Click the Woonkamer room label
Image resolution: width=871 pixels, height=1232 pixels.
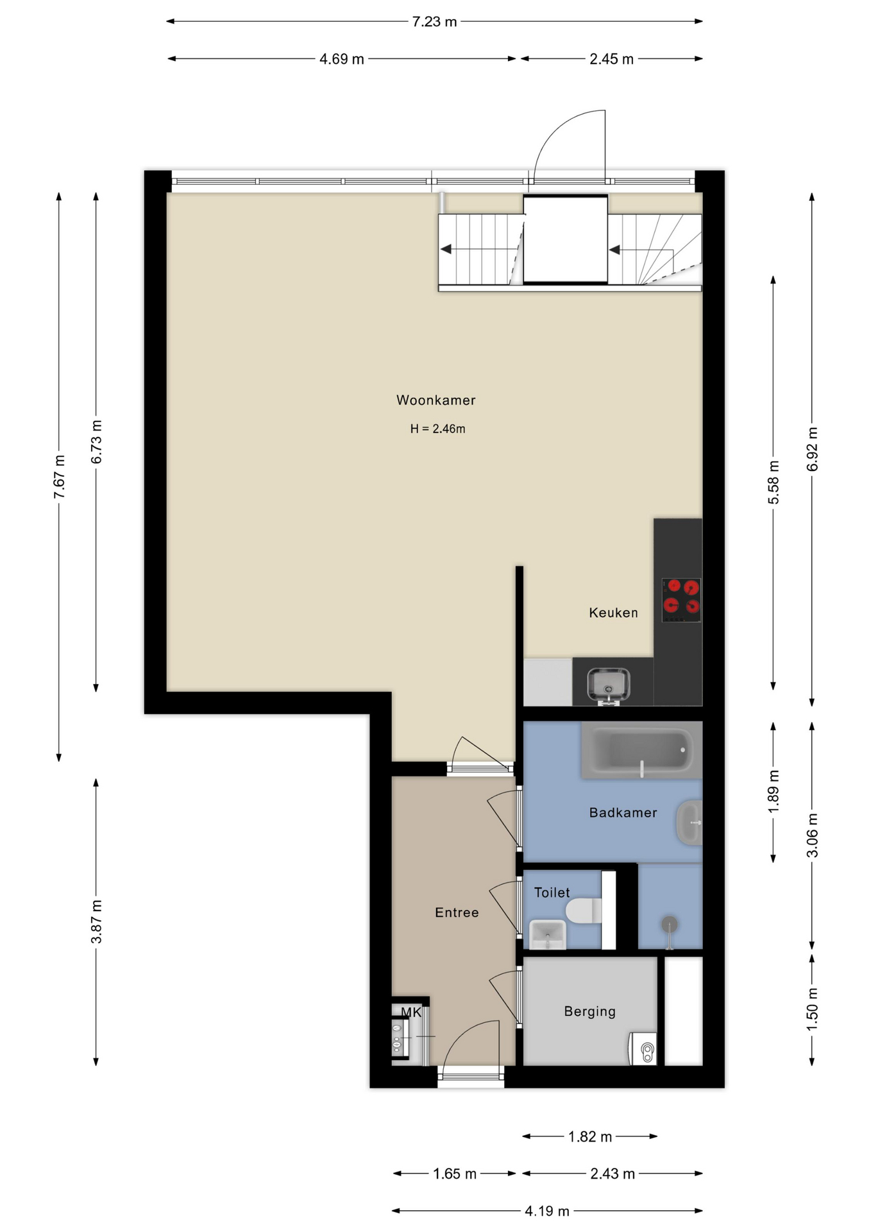click(436, 400)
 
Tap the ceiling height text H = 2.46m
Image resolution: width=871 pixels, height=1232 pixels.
click(437, 429)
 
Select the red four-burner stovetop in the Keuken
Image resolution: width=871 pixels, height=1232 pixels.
click(681, 600)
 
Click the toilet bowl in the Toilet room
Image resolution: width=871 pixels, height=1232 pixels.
click(583, 911)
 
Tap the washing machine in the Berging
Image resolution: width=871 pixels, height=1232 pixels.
click(643, 1048)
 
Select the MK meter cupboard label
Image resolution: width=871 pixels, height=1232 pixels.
click(411, 1013)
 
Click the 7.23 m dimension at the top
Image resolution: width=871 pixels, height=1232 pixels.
click(434, 22)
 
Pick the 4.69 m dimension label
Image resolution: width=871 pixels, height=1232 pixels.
click(342, 59)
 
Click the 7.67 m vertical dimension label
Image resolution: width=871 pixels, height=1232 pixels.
click(59, 477)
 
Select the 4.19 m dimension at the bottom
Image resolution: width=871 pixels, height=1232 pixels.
click(547, 1211)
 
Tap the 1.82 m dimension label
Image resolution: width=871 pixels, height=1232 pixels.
click(590, 1136)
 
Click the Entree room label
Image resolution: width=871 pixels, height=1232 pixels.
click(457, 912)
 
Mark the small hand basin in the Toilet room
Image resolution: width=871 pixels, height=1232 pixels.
click(547, 934)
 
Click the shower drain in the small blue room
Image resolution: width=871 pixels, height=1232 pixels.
click(669, 925)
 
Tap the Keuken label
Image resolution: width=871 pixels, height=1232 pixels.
click(613, 613)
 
